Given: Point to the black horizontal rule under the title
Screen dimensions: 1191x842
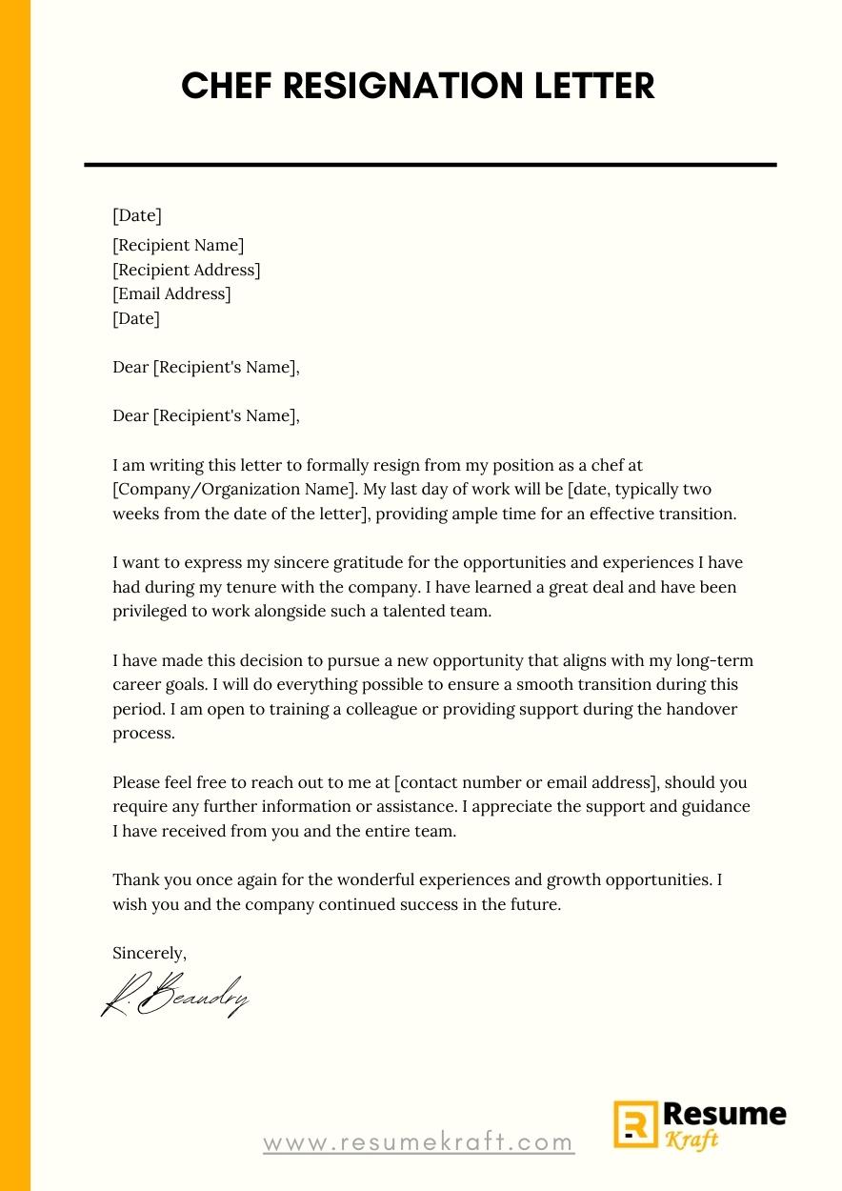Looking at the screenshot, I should click(x=431, y=165).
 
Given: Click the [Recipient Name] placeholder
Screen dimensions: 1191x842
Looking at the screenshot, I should click(x=178, y=246).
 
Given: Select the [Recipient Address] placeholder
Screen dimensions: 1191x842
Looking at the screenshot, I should click(x=186, y=270).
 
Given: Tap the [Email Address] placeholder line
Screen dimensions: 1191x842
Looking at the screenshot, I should click(x=171, y=294).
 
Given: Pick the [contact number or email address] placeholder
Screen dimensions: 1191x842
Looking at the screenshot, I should click(x=526, y=783).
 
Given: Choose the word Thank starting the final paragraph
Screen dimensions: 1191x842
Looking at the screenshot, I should click(x=135, y=879).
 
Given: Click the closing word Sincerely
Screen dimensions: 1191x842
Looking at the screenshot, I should click(x=149, y=953).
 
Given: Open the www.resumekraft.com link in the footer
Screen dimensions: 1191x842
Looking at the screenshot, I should click(x=418, y=1141).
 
